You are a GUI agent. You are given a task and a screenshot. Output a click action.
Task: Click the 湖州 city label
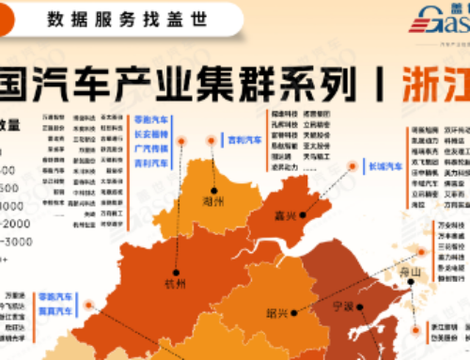coord(213,201)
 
